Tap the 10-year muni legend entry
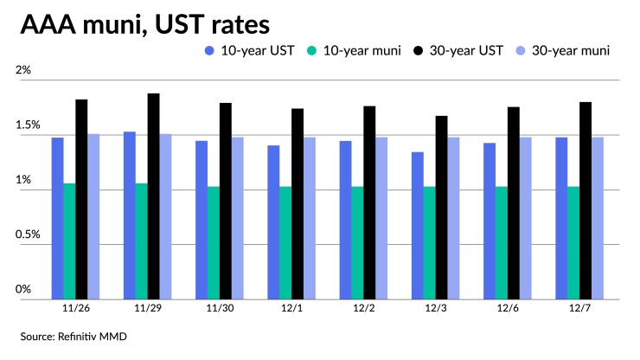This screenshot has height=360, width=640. (x=363, y=50)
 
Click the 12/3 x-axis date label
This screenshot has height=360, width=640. (x=435, y=307)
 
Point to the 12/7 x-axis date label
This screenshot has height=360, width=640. (x=579, y=307)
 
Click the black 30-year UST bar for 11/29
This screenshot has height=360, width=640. (x=153, y=195)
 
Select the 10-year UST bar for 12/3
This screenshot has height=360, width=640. (x=417, y=225)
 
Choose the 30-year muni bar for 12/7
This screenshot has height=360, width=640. (x=597, y=216)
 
